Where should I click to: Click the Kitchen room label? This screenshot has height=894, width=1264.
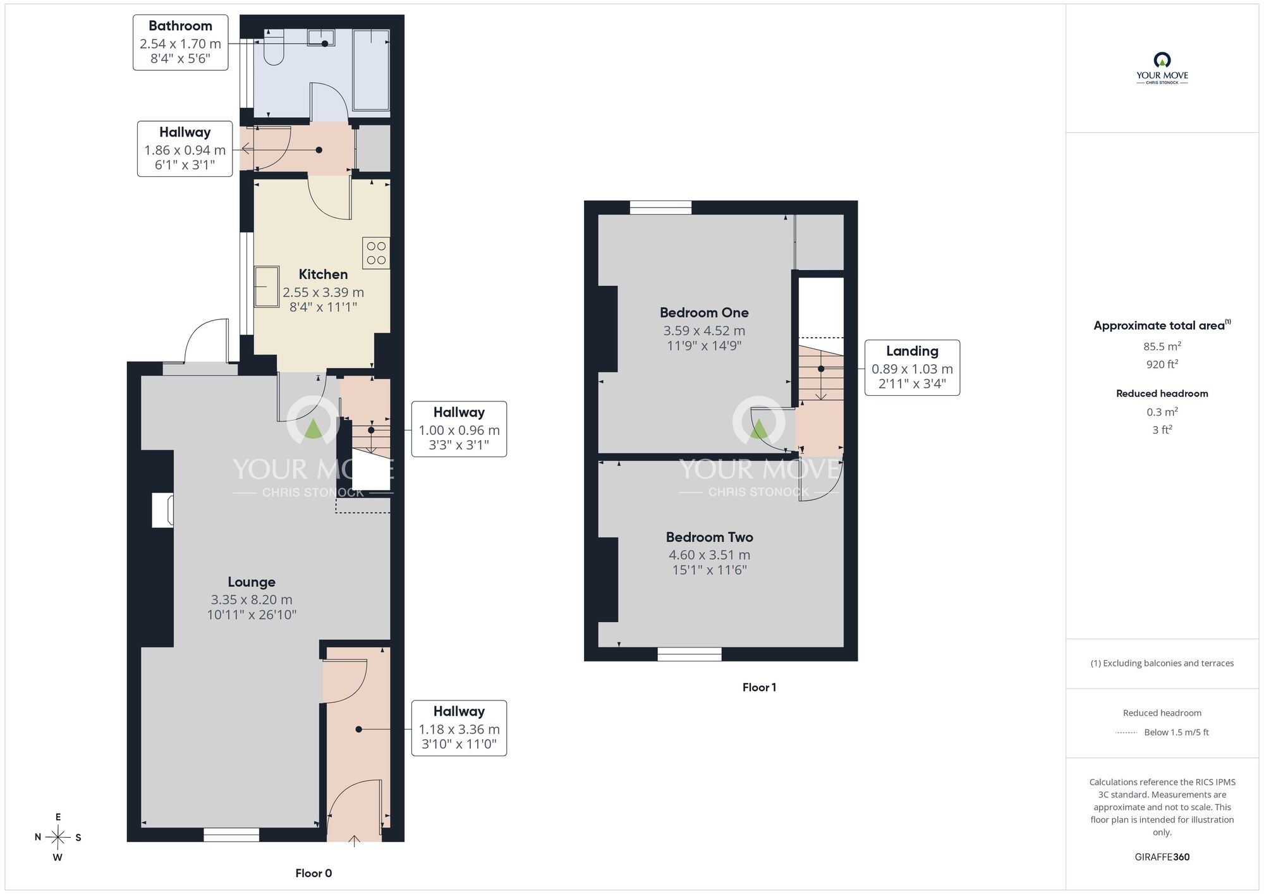coord(323,274)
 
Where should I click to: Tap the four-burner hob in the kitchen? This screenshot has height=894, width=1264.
coord(376,253)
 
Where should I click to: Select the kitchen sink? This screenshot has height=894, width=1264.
coord(267,286)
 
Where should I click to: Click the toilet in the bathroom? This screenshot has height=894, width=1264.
coord(274,47)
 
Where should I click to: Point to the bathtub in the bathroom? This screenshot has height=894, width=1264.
coord(371,70)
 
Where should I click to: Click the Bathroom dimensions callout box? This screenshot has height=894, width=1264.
coord(180,42)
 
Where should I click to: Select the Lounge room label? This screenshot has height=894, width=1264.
coord(252,582)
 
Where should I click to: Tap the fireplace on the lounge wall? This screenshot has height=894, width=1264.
coord(162,510)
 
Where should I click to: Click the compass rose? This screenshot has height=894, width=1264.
coord(58,838)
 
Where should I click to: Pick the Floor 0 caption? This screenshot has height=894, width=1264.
coord(313,873)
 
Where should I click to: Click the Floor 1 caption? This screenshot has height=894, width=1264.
coord(759,687)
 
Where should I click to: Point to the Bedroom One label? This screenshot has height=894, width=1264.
coord(704,312)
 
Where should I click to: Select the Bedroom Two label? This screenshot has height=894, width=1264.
coord(709,537)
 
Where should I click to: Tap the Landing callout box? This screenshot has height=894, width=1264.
coord(912,368)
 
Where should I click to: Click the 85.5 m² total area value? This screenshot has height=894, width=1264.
coord(1162,346)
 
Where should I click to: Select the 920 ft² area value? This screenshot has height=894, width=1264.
coord(1162,364)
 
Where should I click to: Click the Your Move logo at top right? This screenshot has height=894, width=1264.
coord(1162,69)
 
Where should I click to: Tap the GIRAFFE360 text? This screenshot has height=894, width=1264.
coord(1162,857)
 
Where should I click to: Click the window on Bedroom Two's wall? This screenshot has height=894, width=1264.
coord(690,654)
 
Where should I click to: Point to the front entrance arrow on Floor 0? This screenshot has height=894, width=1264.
coord(355,841)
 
